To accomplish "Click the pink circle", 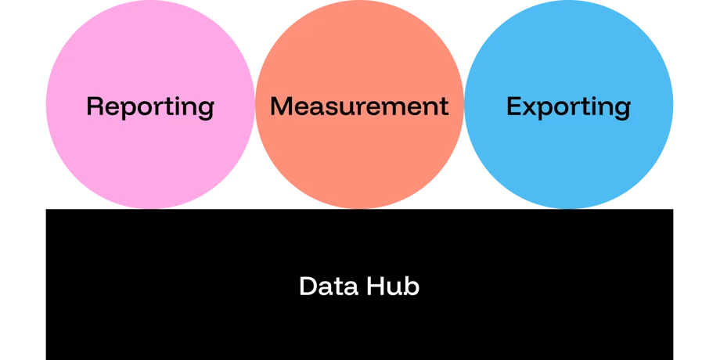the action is [x=150, y=104].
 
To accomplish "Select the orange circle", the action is [x=359, y=104].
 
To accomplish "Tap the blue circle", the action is [x=568, y=104].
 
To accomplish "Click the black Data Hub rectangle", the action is [x=359, y=285].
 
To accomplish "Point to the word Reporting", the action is [x=150, y=107].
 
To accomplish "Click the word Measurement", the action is [x=359, y=106].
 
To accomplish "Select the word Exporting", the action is [x=568, y=107].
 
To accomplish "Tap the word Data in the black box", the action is [x=329, y=286].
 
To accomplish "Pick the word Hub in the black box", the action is [x=393, y=286].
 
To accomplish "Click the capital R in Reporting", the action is [x=95, y=106].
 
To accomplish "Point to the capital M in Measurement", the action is [x=282, y=106].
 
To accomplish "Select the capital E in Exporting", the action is [x=514, y=106].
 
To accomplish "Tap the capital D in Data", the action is [x=308, y=286].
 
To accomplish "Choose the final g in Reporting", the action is [x=206, y=110].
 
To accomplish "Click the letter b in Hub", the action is [x=412, y=286].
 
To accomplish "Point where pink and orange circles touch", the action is [x=255, y=104].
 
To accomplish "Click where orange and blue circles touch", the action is [x=464, y=104].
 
